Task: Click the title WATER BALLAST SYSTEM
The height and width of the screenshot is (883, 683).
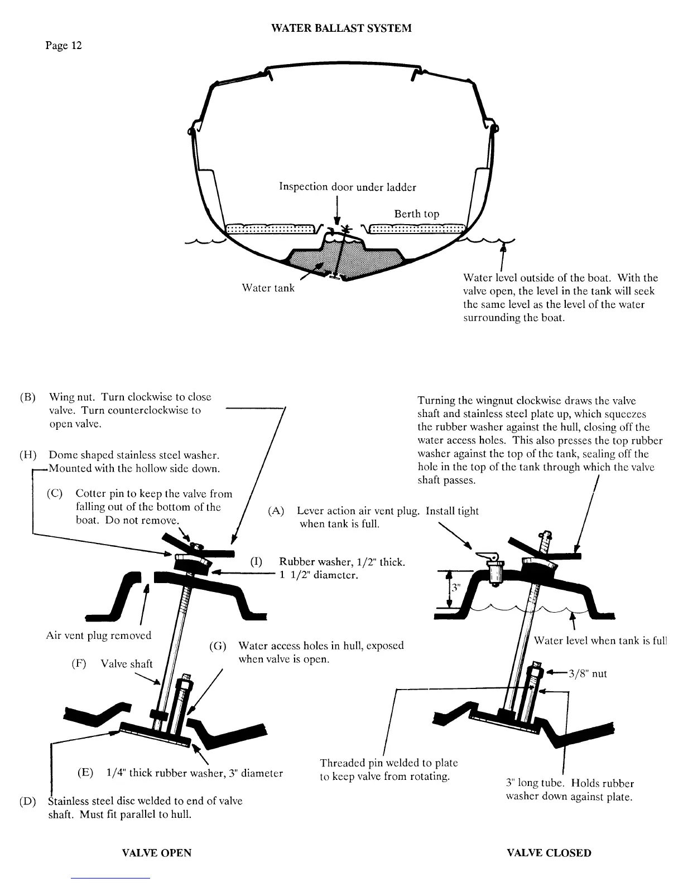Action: click(x=341, y=28)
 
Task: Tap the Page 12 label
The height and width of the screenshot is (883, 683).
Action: click(x=64, y=46)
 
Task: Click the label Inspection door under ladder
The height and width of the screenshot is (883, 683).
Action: click(x=347, y=187)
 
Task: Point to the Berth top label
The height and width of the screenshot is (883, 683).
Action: click(x=416, y=214)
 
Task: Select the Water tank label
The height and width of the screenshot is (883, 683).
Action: click(x=268, y=288)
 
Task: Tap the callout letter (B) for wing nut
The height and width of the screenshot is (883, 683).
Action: click(x=28, y=397)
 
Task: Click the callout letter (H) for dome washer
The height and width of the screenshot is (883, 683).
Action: click(x=28, y=455)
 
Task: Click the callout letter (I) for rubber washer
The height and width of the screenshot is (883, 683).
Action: click(x=256, y=562)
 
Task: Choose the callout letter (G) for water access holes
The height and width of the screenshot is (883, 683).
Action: click(x=218, y=646)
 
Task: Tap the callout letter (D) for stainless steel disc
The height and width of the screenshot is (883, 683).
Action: click(x=28, y=802)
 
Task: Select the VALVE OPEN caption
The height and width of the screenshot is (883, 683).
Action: click(x=156, y=853)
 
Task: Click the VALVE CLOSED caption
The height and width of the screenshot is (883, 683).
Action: click(x=549, y=853)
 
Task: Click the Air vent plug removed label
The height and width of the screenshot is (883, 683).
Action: click(x=98, y=635)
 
